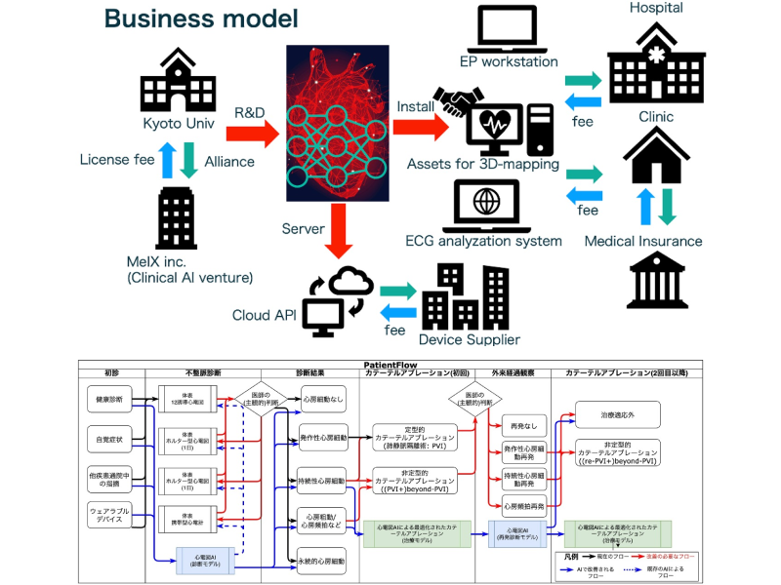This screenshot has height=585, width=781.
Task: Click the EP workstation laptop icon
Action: (505, 30)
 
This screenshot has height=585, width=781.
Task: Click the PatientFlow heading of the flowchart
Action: (390, 363)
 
